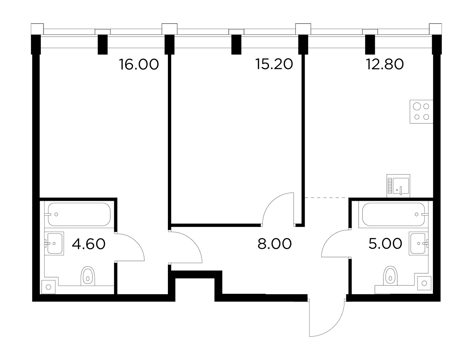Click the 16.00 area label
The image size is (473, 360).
[139, 64]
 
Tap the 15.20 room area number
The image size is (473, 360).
[274, 64]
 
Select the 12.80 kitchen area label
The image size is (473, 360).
[385, 64]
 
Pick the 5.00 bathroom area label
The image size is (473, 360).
[385, 244]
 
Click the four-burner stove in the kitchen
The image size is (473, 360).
[421, 112]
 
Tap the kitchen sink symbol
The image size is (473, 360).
[398, 186]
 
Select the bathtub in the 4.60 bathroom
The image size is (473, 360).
[79, 214]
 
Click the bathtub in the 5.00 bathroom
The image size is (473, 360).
[393, 214]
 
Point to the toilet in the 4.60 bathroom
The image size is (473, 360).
[88, 276]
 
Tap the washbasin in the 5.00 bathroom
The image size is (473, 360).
[419, 243]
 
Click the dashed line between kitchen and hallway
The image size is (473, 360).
[326, 198]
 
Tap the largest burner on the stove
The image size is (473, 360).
[417, 106]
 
